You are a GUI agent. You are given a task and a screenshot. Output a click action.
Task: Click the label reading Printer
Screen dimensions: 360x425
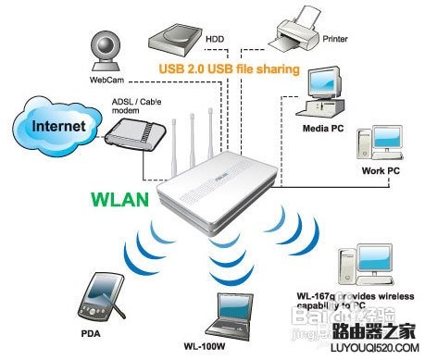click(x=334, y=41)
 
